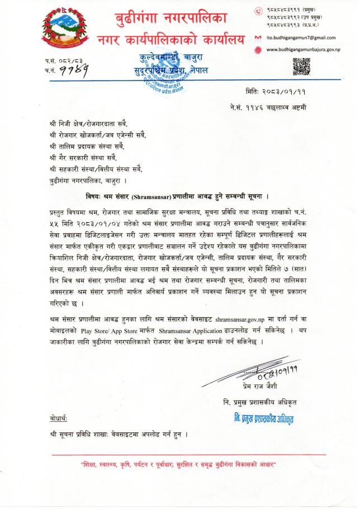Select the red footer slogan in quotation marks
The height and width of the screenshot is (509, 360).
pyautogui.click(x=179, y=465)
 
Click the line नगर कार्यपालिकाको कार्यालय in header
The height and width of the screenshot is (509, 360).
pyautogui.click(x=170, y=40)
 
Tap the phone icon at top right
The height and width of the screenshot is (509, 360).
pyautogui.click(x=258, y=11)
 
